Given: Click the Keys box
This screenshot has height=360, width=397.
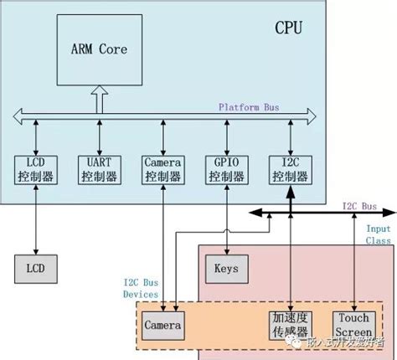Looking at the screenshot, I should tap(223, 269).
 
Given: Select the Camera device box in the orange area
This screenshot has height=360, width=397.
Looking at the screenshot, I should tap(163, 322).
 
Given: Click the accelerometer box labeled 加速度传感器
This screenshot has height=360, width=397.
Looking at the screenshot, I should tap(289, 323).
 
